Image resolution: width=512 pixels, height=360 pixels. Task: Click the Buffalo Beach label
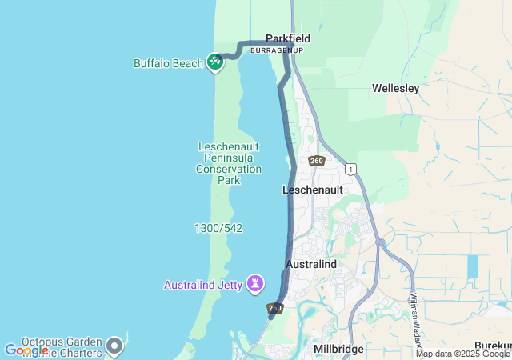point(168,63)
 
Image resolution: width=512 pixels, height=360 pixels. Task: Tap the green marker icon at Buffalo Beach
point(214,62)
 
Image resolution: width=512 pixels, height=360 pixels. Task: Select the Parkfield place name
point(288,38)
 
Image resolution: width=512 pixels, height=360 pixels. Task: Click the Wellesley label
point(395,89)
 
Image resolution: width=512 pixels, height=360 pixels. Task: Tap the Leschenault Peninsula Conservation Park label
point(229,162)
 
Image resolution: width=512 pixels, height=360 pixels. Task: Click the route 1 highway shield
point(350,169)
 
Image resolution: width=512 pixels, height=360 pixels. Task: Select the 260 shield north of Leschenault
point(316,161)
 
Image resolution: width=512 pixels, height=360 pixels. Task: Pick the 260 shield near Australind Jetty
point(275,308)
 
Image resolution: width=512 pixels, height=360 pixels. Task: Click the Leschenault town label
point(313,190)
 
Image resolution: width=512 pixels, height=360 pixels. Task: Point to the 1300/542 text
point(218,228)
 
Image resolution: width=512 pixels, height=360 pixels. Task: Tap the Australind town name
point(311,263)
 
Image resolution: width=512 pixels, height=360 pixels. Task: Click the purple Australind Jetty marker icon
point(255,282)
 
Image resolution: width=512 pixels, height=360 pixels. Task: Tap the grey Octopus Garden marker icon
point(114,346)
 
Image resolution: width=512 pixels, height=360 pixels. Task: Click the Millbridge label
point(338,349)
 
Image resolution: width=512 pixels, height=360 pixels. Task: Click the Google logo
point(26,350)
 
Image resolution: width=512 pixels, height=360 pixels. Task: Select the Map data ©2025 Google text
point(462,354)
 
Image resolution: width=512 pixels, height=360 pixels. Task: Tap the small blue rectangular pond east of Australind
point(472,266)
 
